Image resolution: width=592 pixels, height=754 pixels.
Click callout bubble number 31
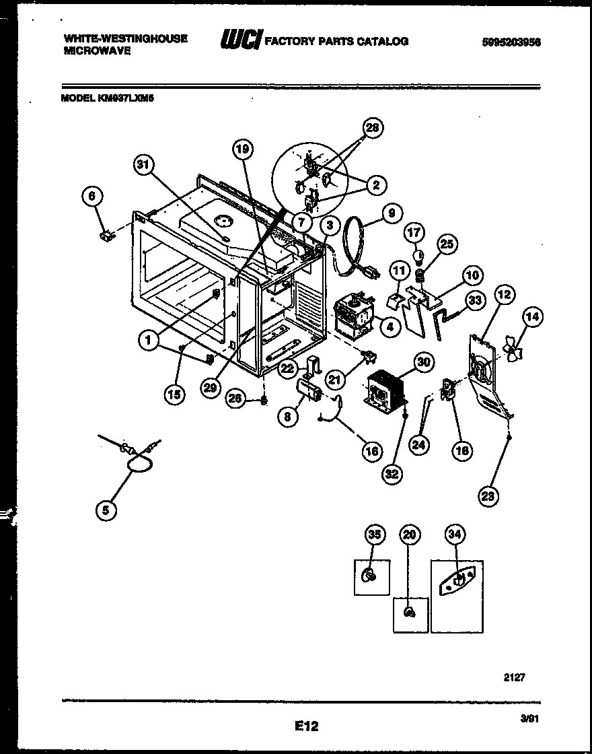144,164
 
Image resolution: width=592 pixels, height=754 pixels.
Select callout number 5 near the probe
105,510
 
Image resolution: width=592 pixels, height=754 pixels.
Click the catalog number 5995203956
511,42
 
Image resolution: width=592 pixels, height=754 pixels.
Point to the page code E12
306,726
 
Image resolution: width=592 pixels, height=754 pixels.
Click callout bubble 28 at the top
372,128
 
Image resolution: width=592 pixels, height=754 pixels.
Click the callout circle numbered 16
372,451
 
